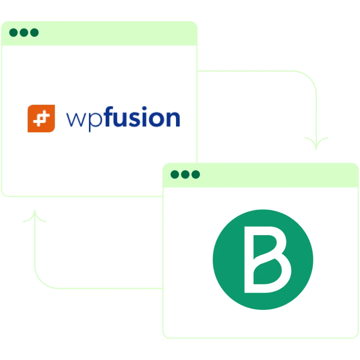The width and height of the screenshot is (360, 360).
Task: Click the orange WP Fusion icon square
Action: click(41, 118)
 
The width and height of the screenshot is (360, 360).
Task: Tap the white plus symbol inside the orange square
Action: click(41, 118)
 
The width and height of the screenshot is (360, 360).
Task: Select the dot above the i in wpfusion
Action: click(144, 108)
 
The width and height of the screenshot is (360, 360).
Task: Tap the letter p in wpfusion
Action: click(95, 122)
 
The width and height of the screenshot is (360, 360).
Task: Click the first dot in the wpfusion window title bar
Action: click(13, 33)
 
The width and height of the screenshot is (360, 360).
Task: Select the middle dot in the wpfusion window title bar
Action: click(24, 33)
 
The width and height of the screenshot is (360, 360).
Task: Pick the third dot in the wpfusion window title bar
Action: click(35, 33)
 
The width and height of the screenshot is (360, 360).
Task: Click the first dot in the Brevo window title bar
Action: click(175, 174)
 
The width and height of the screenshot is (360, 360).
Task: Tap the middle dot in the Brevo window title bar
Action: click(185, 174)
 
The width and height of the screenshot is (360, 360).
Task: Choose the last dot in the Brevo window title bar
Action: click(196, 174)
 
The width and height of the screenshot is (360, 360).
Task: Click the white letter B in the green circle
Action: click(268, 260)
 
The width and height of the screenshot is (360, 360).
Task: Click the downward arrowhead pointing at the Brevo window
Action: click(316, 144)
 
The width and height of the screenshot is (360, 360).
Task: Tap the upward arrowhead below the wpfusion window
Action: click(35, 215)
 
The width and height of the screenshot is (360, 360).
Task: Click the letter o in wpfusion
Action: click(156, 119)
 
